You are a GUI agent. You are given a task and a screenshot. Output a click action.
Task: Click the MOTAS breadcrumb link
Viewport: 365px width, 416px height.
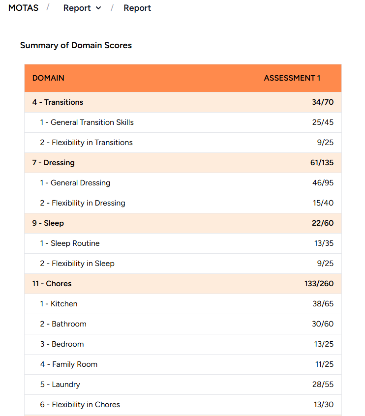coord(23,8)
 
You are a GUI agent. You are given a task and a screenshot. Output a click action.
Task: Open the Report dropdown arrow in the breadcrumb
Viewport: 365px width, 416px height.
coord(98,8)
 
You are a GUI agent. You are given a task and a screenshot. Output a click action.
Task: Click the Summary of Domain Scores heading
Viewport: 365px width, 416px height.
coord(76,45)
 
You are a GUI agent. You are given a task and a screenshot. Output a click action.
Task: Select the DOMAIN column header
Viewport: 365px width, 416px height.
coord(48,78)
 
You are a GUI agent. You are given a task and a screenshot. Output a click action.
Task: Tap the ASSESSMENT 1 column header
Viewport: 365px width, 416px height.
coord(292,78)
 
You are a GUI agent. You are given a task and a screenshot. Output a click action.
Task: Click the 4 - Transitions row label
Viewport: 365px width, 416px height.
coord(58,102)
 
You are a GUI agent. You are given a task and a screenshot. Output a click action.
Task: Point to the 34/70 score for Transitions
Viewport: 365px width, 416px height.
coord(322,102)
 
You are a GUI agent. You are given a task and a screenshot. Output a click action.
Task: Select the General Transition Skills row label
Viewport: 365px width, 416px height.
coord(87,122)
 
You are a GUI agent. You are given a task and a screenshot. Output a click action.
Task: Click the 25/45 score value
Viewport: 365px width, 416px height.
coord(322,122)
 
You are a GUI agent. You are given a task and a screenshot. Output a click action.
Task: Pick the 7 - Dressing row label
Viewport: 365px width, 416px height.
coord(54,163)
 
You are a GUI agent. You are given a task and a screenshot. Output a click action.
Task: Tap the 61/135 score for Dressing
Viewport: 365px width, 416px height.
coord(322,163)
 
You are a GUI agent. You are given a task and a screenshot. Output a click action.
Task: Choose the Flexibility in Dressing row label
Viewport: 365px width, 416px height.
coord(83,203)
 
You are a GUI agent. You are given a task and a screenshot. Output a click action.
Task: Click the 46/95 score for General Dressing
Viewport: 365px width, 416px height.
coord(322,183)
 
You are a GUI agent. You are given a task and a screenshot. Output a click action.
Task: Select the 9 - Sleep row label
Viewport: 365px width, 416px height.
coord(48,223)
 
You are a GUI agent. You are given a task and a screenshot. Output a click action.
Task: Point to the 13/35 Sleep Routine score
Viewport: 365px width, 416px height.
coord(324,243)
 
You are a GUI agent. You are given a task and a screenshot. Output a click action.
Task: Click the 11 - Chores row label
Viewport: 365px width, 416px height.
coord(52,284)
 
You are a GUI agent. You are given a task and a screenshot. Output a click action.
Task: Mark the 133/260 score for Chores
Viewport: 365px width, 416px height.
coord(319,284)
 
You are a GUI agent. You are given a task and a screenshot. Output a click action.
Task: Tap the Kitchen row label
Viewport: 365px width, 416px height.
coord(59,304)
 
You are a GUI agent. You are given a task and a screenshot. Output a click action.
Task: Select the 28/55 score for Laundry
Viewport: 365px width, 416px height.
coord(323,385)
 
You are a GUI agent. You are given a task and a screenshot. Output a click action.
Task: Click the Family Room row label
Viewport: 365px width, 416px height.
coord(69,364)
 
